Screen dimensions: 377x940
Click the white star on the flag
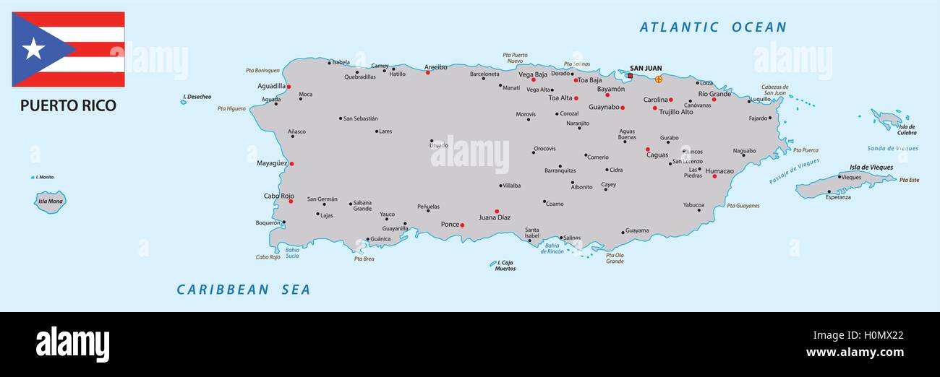[x=33, y=49]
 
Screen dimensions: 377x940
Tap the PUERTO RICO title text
[x=68, y=105]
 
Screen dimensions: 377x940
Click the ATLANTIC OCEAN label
[x=712, y=27]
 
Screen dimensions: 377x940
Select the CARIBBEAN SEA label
[x=244, y=290]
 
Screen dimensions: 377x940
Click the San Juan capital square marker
[x=630, y=76]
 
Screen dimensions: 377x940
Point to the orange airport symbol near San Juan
[x=658, y=79]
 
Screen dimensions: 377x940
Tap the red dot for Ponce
[x=462, y=225]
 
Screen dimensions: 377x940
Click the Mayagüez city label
[x=272, y=163]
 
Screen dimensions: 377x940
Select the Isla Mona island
[x=50, y=201]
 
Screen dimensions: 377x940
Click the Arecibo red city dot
[x=427, y=72]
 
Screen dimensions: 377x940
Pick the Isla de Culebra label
[x=907, y=130]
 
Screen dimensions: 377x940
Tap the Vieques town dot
[x=839, y=176]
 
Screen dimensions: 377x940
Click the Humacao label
[x=719, y=171]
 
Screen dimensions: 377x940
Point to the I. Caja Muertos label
[x=505, y=265]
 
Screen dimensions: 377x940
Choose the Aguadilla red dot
[x=289, y=87]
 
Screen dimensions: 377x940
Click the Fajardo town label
[x=758, y=118]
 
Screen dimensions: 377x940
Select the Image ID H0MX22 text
[x=858, y=335]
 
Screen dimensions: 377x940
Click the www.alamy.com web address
[x=855, y=352]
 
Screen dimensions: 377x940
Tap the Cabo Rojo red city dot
[x=291, y=201]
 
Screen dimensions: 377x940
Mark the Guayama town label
[x=637, y=230]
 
